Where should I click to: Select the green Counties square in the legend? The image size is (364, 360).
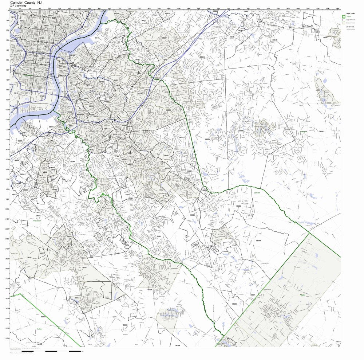pyautogui.click(x=343, y=16)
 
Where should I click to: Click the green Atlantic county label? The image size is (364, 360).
pyautogui.click(x=302, y=294)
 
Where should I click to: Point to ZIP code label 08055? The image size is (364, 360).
pyautogui.click(x=241, y=131)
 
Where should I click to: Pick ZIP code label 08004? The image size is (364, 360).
pyautogui.click(x=238, y=206)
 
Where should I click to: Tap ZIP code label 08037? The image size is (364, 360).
pyautogui.click(x=253, y=295)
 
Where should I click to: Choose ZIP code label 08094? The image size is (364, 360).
pyautogui.click(x=150, y=290)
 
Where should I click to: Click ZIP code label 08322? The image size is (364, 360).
pyautogui.click(x=125, y=325)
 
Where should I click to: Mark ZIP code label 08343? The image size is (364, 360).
pyautogui.click(x=43, y=317)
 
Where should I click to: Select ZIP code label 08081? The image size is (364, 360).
pyautogui.click(x=159, y=236)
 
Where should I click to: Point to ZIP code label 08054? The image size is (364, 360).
pyautogui.click(x=202, y=57)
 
